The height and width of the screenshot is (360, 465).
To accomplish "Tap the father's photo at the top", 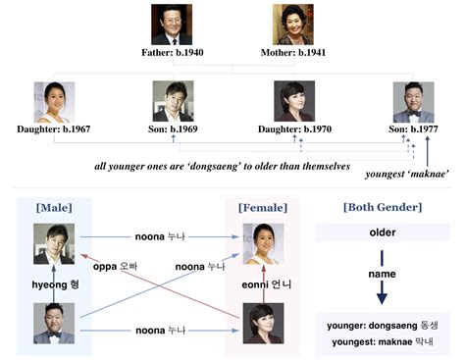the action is click(172, 25).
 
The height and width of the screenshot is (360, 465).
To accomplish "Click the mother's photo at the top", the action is click(291, 25).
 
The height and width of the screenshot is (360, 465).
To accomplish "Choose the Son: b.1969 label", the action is click(172, 129).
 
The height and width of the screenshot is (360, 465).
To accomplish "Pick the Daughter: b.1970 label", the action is click(293, 129).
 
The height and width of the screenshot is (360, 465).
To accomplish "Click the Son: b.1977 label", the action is click(413, 129).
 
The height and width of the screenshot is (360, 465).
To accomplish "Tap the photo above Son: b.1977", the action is click(413, 102).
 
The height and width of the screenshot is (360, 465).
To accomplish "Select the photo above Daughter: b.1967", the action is click(54, 102).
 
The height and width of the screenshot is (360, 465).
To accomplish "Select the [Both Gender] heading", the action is click(382, 208).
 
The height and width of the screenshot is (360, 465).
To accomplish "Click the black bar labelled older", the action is click(382, 234).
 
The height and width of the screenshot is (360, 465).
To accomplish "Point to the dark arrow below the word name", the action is click(382, 294).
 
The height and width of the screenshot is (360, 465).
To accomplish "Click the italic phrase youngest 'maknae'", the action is click(407, 174).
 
